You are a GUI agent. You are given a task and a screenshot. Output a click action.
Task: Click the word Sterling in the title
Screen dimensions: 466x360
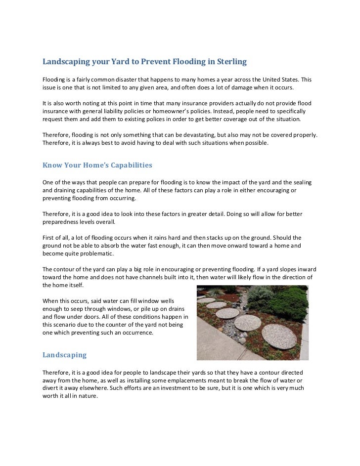tap(229, 62)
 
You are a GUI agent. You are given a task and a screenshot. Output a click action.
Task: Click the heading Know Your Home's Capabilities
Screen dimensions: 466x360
tap(97, 165)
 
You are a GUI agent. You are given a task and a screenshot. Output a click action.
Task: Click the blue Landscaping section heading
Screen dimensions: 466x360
tap(64, 355)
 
